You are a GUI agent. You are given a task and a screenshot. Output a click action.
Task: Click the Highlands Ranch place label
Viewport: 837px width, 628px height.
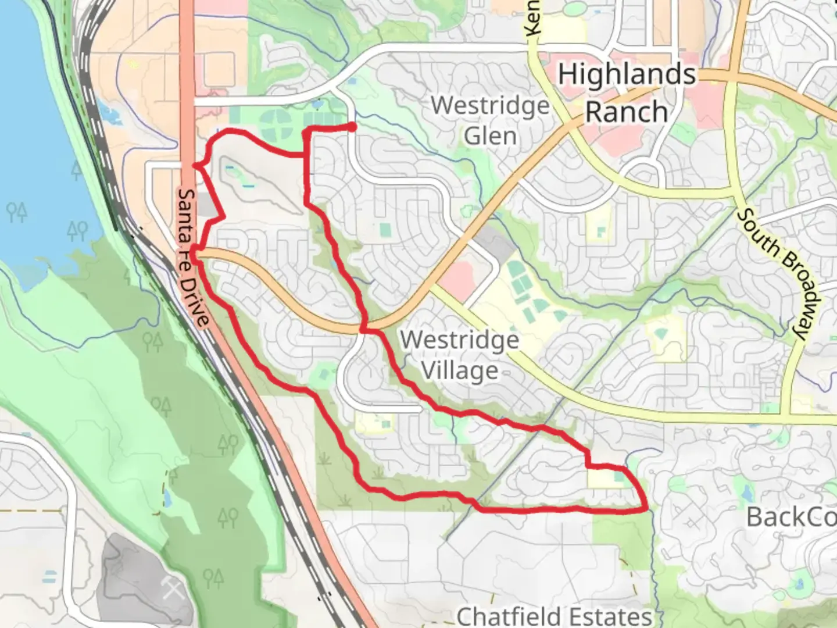(627, 93)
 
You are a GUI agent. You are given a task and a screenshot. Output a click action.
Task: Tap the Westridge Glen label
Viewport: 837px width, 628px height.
(490, 120)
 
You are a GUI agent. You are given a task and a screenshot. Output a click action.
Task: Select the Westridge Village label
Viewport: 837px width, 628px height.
(459, 355)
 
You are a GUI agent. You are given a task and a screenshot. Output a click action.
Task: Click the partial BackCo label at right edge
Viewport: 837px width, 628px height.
(791, 516)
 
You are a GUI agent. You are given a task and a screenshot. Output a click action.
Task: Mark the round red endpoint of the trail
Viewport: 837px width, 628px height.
(352, 127)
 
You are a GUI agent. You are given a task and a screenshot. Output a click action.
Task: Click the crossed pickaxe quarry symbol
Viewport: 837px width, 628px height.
(173, 588)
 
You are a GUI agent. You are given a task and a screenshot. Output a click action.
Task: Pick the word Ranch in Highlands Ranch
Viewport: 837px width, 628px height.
(627, 112)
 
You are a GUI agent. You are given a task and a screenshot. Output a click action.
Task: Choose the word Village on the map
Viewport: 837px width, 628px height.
(459, 370)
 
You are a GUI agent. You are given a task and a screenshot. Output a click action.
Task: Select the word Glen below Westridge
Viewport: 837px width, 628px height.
(490, 136)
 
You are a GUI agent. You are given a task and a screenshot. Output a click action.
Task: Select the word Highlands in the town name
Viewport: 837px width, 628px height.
(627, 74)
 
